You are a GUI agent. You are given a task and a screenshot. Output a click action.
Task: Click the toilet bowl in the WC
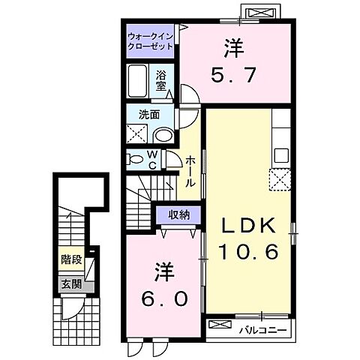pyautogui.click(x=135, y=159)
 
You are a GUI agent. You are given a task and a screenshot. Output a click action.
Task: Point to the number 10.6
pyautogui.click(x=250, y=252)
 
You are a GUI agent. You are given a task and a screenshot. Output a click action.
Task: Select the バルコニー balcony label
pyautogui.click(x=265, y=328)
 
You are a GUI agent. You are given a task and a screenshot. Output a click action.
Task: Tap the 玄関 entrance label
pyautogui.click(x=71, y=284)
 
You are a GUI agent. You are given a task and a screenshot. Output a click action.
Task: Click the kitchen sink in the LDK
pyautogui.click(x=282, y=155)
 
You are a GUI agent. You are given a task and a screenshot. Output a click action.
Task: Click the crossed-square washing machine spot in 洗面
pyautogui.click(x=138, y=135)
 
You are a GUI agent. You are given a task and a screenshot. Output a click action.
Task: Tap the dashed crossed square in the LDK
pyautogui.click(x=282, y=179)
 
